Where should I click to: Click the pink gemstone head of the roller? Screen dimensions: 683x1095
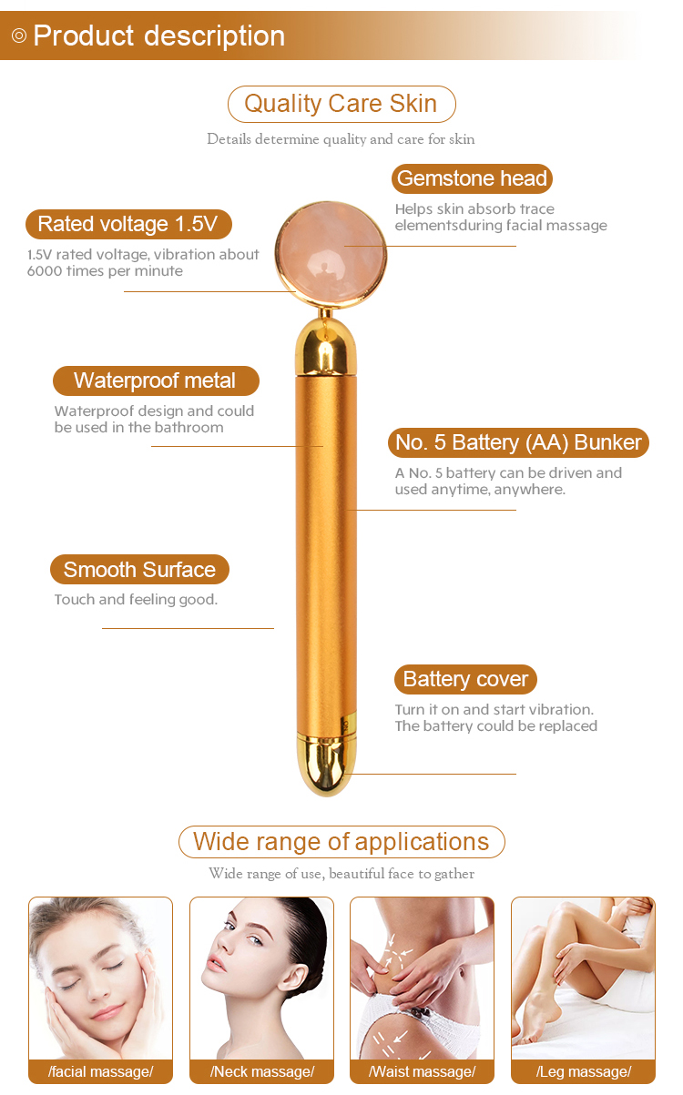pos(331,255)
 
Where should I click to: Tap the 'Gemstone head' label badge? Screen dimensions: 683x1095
pos(472,178)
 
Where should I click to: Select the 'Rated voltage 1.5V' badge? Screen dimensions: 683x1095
pos(128,224)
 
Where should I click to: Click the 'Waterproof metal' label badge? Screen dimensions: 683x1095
pos(156,380)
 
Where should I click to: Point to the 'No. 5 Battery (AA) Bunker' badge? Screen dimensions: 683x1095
pos(518,442)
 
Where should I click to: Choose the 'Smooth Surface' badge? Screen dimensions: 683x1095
pos(140,569)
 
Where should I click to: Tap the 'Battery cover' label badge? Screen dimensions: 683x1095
pos(465,679)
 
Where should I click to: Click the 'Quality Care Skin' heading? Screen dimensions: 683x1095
pos(341,104)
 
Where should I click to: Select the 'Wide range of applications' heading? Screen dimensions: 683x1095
pos(341,842)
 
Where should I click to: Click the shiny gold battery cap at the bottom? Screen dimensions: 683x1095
pos(326,764)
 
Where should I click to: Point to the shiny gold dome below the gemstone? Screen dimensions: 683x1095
pos(326,346)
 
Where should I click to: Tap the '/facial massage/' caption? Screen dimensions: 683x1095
pos(101,1071)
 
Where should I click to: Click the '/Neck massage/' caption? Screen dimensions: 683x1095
pos(262,1071)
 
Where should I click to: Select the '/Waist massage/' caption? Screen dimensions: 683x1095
pos(422,1071)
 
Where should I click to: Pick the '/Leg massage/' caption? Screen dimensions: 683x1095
pos(583,1071)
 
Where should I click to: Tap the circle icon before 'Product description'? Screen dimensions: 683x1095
pos(18,35)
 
